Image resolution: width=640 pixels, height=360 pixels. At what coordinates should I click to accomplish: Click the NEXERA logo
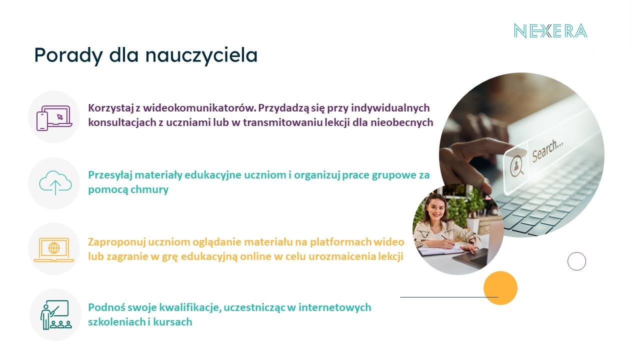550,31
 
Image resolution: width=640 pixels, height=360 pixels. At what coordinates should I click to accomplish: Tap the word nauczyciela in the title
201,55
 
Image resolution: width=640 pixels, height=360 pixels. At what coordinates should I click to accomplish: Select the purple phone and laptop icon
54,118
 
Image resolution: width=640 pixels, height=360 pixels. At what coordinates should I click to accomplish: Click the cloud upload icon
55,183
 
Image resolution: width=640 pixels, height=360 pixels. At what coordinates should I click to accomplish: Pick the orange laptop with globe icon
54,249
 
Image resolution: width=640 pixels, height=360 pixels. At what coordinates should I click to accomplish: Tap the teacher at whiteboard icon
55,315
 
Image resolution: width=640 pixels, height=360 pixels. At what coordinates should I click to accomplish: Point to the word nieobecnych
402,122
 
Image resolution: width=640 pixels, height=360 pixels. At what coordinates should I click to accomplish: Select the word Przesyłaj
110,175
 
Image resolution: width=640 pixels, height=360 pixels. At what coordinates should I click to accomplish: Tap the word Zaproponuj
117,242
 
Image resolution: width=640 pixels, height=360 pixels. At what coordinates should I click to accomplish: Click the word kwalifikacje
190,308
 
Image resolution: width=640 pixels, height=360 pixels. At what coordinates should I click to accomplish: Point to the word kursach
173,322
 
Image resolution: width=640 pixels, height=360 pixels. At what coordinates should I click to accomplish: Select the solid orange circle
500,288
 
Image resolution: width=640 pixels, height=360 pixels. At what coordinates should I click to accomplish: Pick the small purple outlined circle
576,252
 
